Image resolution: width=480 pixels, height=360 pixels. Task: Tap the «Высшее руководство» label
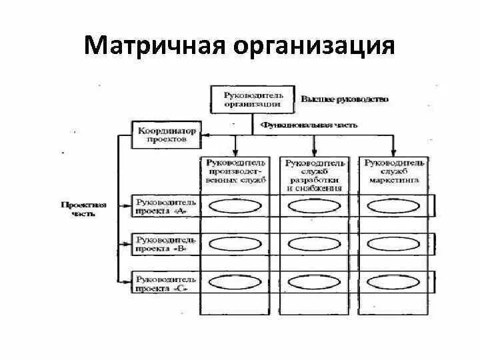coord(344,99)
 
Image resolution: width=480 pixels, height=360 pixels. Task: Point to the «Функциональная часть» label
coord(309,125)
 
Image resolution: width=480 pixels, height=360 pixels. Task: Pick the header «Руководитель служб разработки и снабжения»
coord(315,175)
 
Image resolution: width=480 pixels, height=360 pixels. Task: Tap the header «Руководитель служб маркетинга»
coord(393,171)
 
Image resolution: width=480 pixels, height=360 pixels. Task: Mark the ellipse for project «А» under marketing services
coord(393,206)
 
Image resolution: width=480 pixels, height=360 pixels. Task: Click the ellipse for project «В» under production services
coord(236,244)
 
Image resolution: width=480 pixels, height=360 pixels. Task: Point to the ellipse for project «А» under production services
coord(236,206)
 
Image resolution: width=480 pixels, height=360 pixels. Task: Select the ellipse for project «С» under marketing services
coord(393,283)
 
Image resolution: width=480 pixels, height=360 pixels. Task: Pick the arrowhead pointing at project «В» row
coord(129,244)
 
